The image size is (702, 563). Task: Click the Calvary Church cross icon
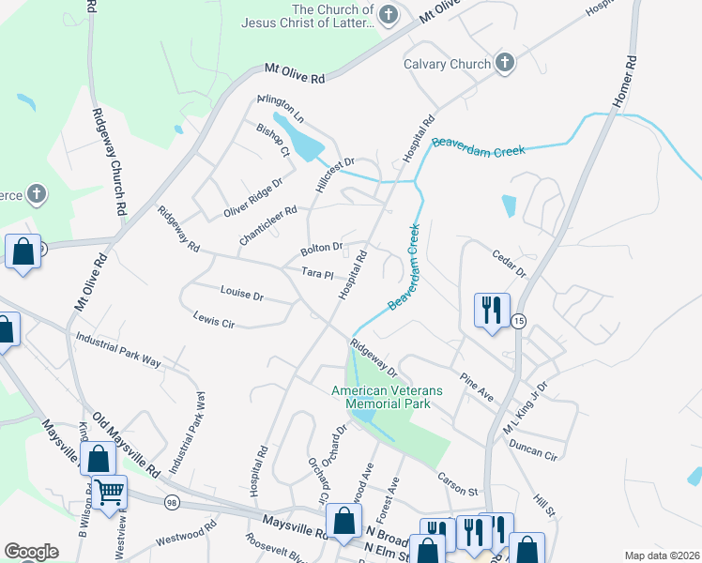[505, 64]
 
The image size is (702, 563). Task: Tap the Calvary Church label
[447, 65]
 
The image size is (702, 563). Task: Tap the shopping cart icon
[110, 491]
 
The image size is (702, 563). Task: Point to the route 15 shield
[520, 321]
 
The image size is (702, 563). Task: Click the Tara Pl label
[318, 274]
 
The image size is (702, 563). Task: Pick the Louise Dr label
[242, 294]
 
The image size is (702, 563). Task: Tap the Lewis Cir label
[213, 321]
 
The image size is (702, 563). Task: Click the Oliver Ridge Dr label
[252, 199]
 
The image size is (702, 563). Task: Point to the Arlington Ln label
[281, 110]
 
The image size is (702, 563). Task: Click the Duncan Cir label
[531, 449]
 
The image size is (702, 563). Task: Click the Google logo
[31, 552]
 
